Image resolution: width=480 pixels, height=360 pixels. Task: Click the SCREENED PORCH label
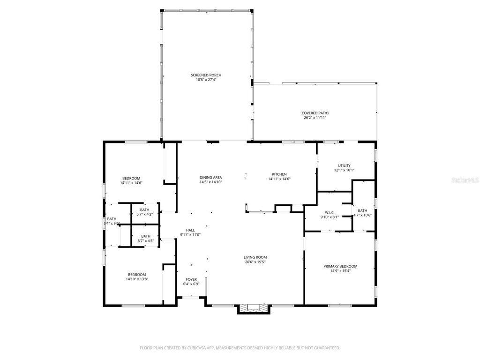coord(206,75)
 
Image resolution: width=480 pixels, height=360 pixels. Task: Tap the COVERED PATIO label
coord(315,113)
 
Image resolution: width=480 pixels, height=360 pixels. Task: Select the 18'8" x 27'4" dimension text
coord(206,80)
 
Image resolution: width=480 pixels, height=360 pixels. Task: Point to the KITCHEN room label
coord(279,174)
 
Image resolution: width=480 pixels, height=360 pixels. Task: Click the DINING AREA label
coord(210,177)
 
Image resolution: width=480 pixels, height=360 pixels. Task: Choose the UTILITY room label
coord(344,165)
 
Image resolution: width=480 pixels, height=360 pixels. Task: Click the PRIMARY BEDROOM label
coord(340,266)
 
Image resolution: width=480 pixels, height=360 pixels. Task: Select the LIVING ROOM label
coord(255,257)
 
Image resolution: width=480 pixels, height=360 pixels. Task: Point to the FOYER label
coord(191,279)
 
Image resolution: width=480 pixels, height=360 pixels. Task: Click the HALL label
coord(190,230)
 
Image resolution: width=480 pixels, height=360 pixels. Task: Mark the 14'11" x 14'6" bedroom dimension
coord(131,183)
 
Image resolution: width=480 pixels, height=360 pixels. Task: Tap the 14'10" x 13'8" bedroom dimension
coord(137,279)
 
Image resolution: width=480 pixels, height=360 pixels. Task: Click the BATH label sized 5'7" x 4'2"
coord(144,210)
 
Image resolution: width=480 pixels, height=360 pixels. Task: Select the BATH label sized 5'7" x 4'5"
coord(146,236)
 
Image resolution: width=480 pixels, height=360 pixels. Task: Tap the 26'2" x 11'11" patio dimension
coord(315,118)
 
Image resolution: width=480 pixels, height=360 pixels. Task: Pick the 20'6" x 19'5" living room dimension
coord(255,262)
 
